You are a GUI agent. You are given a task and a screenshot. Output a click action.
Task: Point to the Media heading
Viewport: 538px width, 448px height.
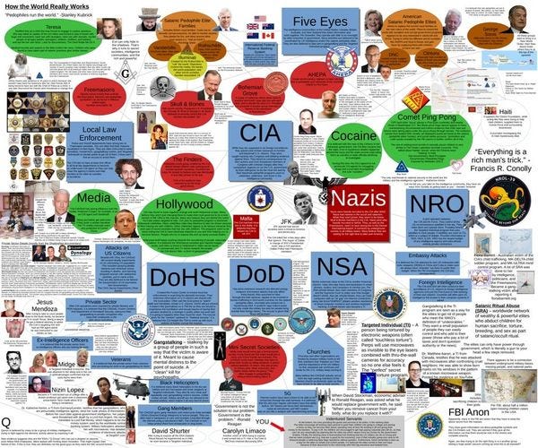pos(94,196)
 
